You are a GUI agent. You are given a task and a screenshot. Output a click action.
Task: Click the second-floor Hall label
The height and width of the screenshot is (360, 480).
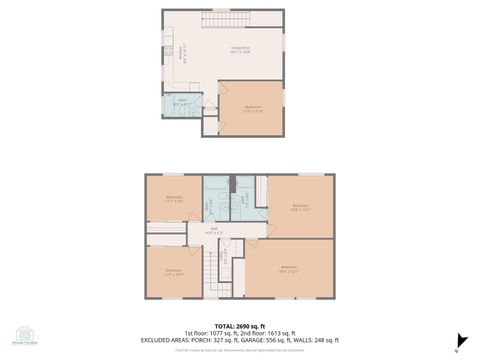point(212,230)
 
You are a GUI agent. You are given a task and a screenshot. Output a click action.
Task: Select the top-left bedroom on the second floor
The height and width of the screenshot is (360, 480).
point(174,198)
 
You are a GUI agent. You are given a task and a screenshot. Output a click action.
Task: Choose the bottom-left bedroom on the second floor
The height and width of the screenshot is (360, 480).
point(174,271)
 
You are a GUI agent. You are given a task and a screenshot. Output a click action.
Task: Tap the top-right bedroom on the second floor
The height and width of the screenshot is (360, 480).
point(300,207)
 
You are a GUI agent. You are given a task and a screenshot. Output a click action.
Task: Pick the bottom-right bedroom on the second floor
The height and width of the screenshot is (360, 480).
point(290,268)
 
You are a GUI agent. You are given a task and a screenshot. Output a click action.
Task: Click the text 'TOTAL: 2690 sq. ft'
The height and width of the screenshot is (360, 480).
point(240,325)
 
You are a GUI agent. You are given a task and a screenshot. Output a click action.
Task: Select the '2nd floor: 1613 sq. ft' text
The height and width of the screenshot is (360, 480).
point(267,332)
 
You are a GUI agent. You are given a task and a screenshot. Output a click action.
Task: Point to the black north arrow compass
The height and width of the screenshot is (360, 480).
point(461,340)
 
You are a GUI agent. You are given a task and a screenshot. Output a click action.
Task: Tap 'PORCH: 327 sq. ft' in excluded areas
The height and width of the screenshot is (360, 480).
point(229,339)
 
